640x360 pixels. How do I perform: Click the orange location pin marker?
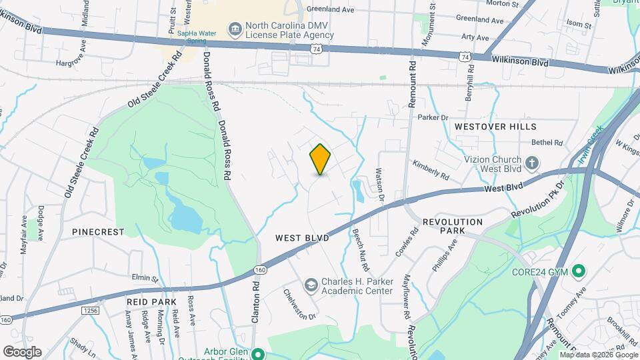click(320, 159)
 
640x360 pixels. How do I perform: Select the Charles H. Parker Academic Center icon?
click(311, 285)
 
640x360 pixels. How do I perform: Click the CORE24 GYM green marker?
click(579, 271)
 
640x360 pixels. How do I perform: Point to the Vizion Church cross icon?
click(532, 163)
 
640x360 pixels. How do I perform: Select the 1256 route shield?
click(91, 311)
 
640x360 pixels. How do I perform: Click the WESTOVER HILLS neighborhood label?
click(495, 126)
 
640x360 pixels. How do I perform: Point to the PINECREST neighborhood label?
click(98, 232)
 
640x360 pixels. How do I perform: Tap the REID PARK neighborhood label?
click(150, 301)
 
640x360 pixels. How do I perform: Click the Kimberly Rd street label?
click(430, 169)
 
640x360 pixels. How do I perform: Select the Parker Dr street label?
click(433, 117)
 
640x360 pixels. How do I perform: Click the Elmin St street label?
click(145, 277)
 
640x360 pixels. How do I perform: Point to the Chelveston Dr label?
click(299, 303)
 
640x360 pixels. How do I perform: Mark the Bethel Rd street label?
click(547, 142)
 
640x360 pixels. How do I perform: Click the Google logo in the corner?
click(22, 352)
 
